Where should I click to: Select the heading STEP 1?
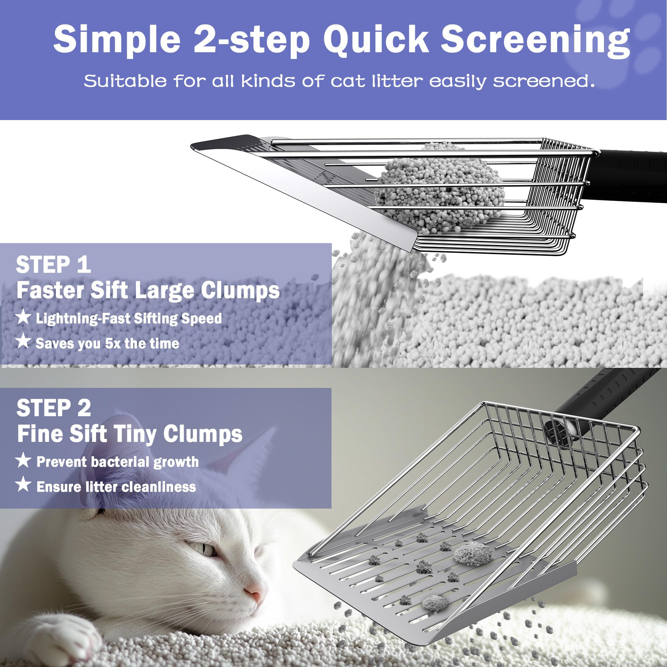pos(53,265)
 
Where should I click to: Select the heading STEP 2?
pos(54,408)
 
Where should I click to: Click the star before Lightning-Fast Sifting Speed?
pos(23,317)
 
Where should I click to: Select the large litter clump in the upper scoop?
pos(440,193)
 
